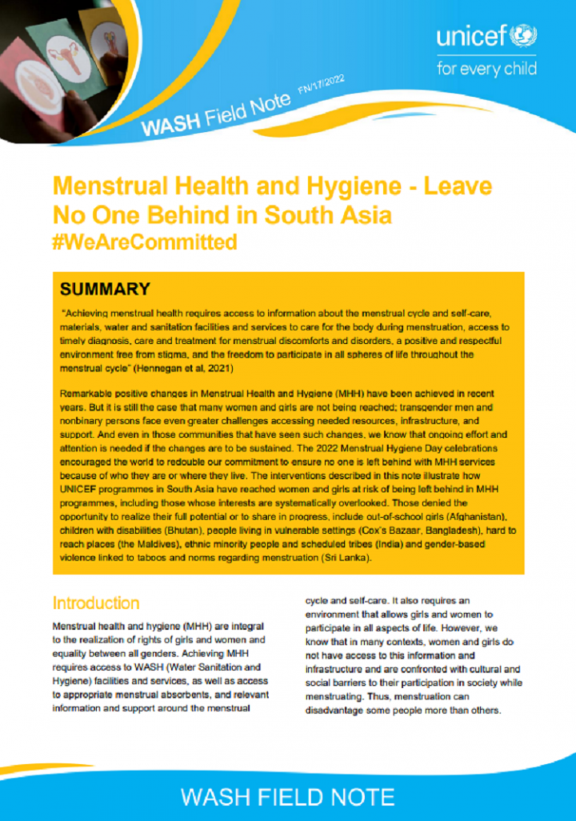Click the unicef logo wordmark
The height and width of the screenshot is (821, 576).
[476, 37]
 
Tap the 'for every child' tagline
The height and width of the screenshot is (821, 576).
[486, 69]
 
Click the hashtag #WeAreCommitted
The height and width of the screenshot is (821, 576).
[145, 242]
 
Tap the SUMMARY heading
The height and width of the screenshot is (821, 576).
[105, 289]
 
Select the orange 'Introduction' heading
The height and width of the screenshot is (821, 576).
[95, 603]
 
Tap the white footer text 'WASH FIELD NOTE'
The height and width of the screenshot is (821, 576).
[288, 797]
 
